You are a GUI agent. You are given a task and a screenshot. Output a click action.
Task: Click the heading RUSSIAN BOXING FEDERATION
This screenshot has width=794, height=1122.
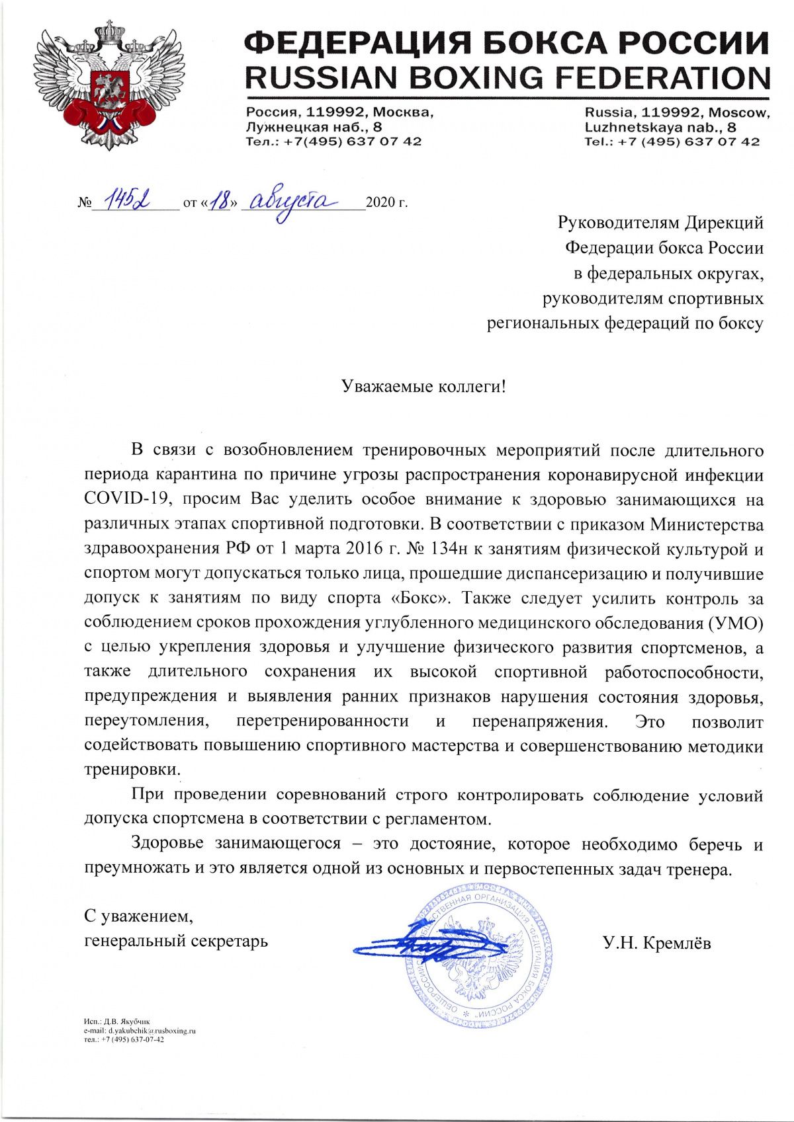(507, 79)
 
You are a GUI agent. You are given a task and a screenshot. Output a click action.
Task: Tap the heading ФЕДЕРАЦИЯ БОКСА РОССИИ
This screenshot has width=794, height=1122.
(507, 44)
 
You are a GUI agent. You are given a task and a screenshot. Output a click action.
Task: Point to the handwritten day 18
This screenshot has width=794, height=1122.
(218, 200)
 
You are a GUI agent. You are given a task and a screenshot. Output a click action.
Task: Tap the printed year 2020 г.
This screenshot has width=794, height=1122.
(386, 202)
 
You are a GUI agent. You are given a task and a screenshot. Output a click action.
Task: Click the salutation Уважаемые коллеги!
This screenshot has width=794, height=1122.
(423, 386)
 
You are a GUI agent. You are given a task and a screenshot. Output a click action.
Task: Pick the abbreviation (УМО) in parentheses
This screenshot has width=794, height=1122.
(735, 623)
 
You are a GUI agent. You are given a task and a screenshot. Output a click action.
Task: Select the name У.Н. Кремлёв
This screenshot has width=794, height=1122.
(656, 943)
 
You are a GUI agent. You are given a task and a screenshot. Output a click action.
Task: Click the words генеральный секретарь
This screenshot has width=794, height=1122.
(176, 940)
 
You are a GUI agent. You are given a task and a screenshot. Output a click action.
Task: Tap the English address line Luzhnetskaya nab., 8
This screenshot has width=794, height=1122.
(660, 127)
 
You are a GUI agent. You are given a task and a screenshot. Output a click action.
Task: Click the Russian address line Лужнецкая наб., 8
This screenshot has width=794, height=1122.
(314, 127)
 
